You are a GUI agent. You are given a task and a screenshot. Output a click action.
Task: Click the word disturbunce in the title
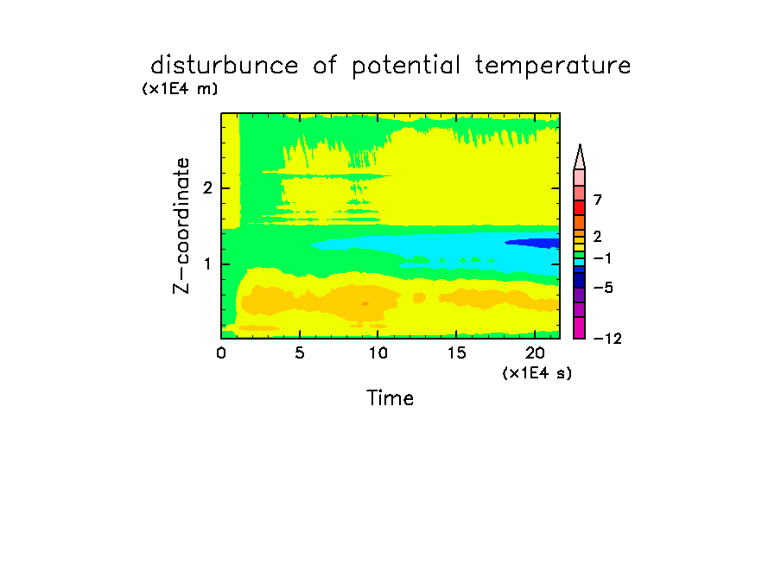[x=225, y=65]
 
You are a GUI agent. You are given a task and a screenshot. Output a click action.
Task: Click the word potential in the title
[x=406, y=66]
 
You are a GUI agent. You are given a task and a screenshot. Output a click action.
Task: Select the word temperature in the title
[x=553, y=66]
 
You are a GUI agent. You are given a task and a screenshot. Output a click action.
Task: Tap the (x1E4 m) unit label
[x=180, y=89]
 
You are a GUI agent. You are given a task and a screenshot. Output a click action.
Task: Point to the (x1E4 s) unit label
[x=537, y=372]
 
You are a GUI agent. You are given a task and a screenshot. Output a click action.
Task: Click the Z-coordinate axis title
[x=181, y=225]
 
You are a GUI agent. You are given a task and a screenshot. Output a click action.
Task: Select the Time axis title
[x=390, y=398]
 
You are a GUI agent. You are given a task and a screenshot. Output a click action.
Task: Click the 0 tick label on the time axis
[x=221, y=353]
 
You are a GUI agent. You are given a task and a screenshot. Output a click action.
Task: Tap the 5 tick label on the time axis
[x=299, y=353]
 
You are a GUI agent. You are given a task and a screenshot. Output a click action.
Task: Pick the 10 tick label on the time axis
[x=378, y=353]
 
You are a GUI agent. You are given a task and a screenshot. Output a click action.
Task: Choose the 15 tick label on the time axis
[x=456, y=353]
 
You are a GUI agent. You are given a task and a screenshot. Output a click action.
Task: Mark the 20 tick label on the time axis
[x=535, y=353]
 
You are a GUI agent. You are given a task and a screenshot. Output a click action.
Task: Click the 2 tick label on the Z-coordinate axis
[x=207, y=188]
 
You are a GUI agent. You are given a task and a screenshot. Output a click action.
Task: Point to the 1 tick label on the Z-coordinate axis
[x=207, y=264]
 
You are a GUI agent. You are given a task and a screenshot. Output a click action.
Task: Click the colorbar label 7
[x=598, y=200]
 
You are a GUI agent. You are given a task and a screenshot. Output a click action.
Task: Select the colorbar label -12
[x=607, y=339]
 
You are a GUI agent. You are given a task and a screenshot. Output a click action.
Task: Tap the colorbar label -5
[x=603, y=288]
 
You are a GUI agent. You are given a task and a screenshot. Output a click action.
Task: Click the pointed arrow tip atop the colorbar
[x=580, y=145]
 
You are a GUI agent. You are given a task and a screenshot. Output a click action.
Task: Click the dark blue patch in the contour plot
[x=532, y=243]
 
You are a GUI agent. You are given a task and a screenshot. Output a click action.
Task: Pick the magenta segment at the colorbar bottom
[x=580, y=327]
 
